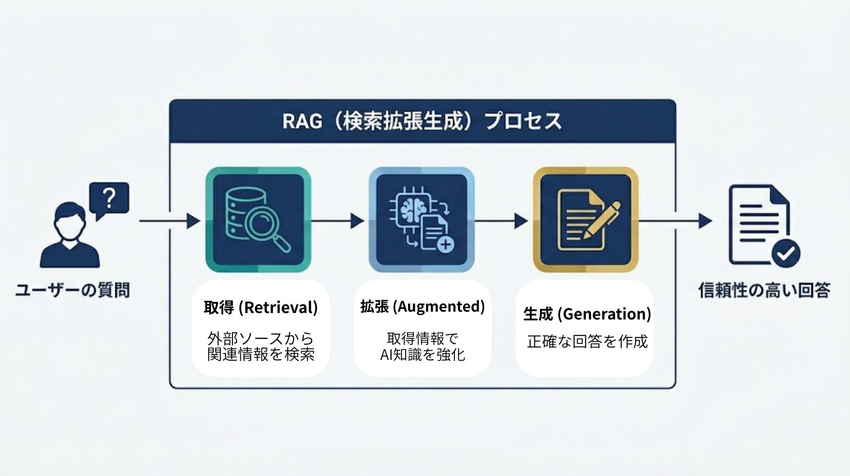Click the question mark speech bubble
[109, 198]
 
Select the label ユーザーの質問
[73, 290]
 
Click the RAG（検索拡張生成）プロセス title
[422, 122]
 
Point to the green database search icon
[258, 219]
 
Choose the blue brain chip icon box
[421, 219]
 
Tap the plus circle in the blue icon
[444, 244]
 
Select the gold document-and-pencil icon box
[585, 219]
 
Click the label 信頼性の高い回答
[764, 290]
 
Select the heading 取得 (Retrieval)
[261, 307]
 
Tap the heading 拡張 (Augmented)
[422, 306]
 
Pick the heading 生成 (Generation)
[587, 314]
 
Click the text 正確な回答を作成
[587, 342]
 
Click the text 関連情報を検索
[261, 354]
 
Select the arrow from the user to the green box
[170, 221]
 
